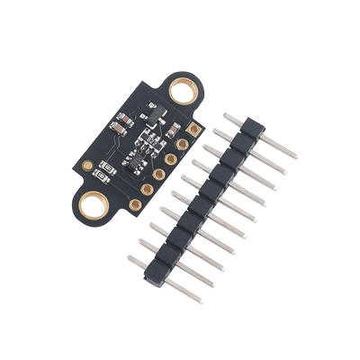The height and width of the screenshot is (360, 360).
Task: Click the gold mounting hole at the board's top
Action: pos(184,90)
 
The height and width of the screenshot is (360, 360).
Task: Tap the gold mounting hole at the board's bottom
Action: pos(93,206)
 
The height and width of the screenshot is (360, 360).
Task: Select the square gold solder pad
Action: pos(192,130)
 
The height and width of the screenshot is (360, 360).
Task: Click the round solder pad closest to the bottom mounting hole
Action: pos(135,203)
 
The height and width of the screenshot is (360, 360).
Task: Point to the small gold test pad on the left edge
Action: pos(87,166)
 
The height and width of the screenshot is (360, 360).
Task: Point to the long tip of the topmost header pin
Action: pos(290,155)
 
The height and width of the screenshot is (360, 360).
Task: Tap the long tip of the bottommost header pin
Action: pos(197,296)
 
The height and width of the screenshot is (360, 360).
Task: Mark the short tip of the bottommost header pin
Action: pos(131,257)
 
